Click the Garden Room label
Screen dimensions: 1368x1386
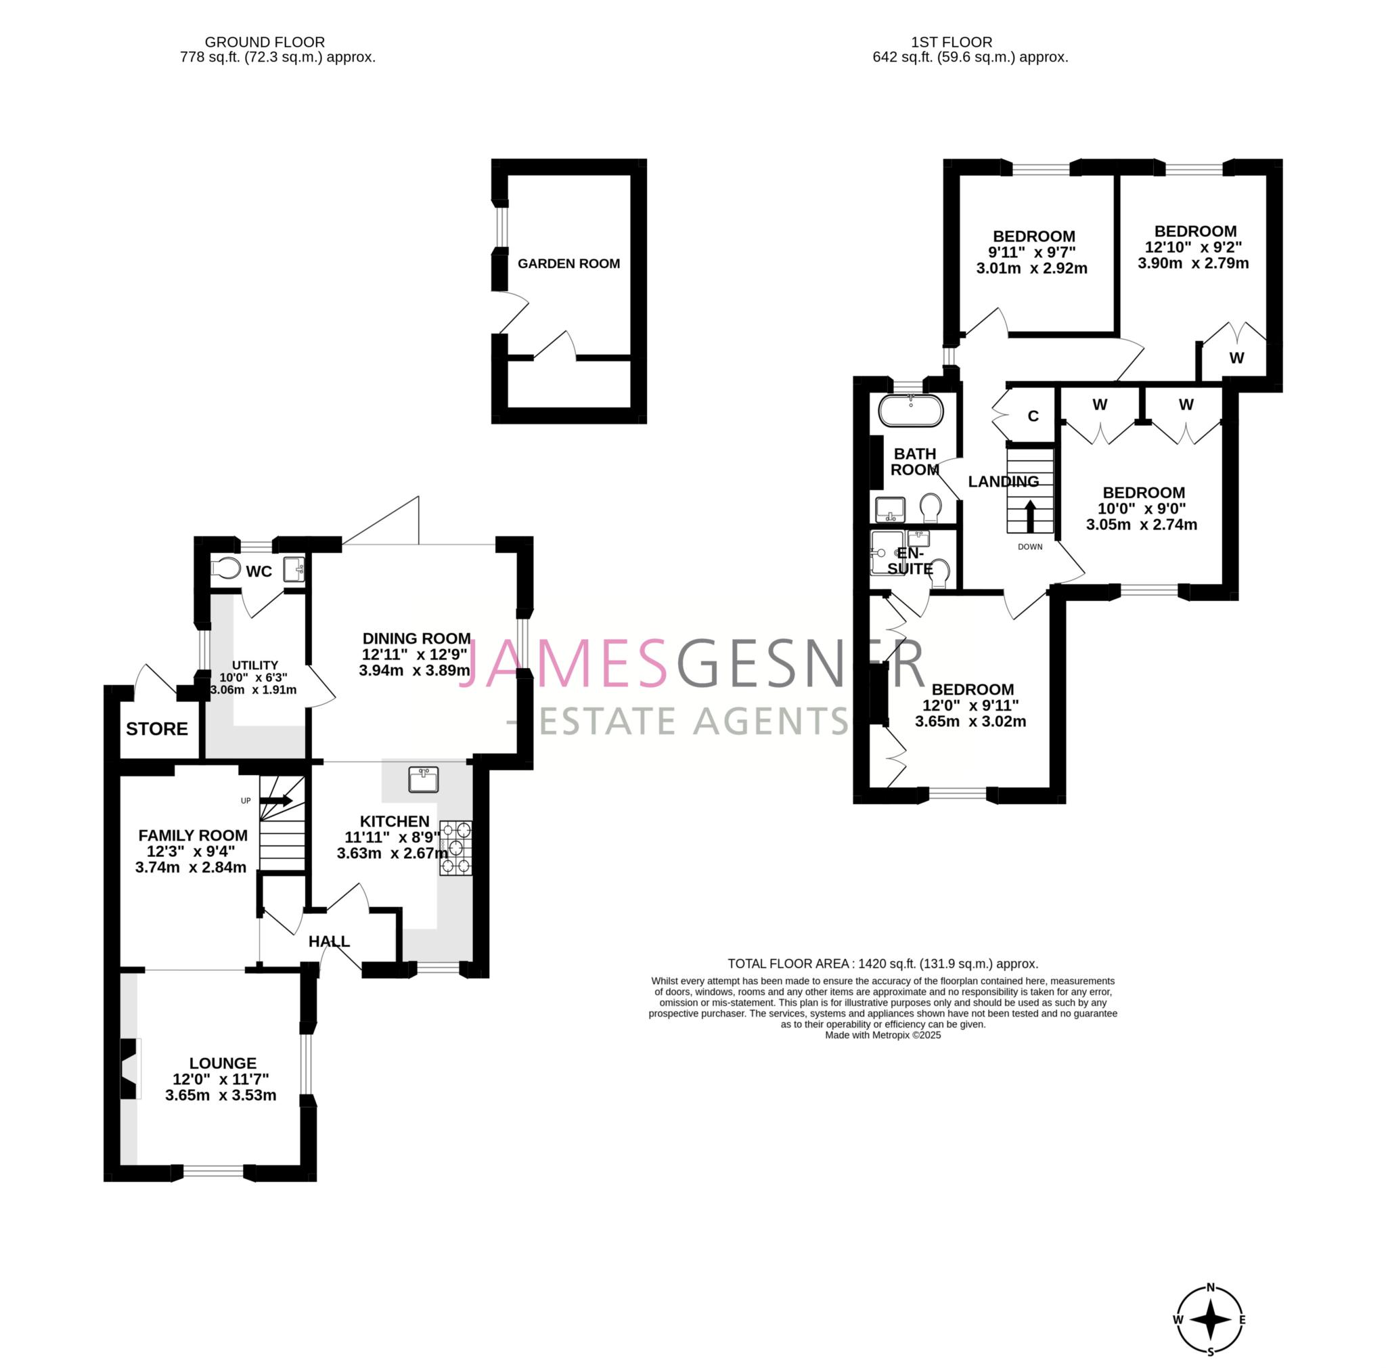pyautogui.click(x=568, y=263)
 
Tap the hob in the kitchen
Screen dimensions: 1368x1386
pyautogui.click(x=455, y=848)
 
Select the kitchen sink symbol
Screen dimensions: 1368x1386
pyautogui.click(x=423, y=779)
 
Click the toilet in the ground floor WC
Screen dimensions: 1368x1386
pyautogui.click(x=226, y=568)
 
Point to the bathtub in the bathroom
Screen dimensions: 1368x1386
pyautogui.click(x=910, y=410)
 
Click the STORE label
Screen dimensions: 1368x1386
pyautogui.click(x=156, y=729)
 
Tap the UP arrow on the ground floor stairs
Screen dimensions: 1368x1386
pyautogui.click(x=276, y=801)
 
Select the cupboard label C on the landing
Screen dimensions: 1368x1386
pyautogui.click(x=1033, y=416)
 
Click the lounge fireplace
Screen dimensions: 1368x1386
pyautogui.click(x=130, y=1069)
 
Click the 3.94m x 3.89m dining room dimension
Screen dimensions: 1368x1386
pyautogui.click(x=415, y=670)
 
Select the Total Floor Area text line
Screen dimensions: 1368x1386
pyautogui.click(x=882, y=963)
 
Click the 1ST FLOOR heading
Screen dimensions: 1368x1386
pyautogui.click(x=952, y=43)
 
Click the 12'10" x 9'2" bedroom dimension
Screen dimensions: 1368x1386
pyautogui.click(x=1193, y=247)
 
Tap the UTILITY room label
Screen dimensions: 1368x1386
pyautogui.click(x=254, y=665)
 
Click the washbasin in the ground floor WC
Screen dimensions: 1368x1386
pyautogui.click(x=294, y=569)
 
